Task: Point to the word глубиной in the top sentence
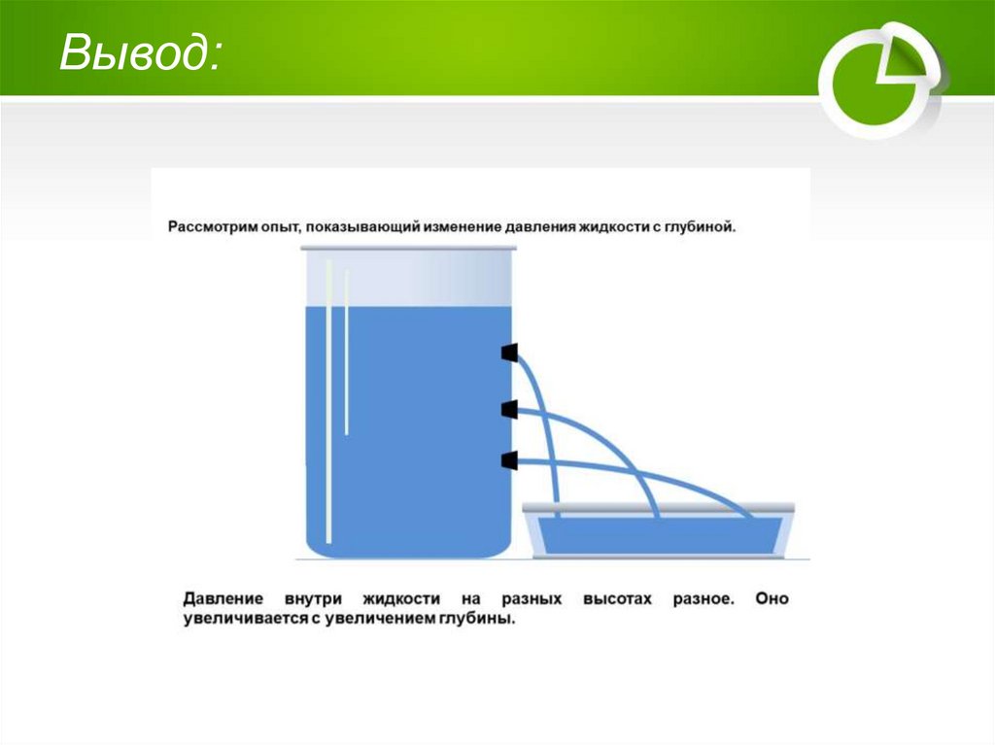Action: [702, 227]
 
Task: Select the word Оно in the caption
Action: [772, 599]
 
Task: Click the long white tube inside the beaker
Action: [329, 398]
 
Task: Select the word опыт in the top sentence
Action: [276, 227]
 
